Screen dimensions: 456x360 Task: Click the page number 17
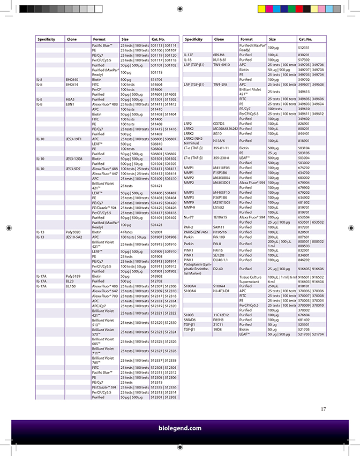(323, 409)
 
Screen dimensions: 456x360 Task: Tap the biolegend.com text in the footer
(180, 428)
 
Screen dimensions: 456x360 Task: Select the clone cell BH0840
(72, 79)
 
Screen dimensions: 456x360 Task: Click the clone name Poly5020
(73, 231)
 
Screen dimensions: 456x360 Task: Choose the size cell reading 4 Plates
(127, 231)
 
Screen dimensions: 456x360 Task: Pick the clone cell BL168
(71, 286)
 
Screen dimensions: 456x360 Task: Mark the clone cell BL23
(70, 281)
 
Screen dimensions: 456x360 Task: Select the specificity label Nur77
(189, 217)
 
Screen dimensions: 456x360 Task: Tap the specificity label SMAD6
(190, 320)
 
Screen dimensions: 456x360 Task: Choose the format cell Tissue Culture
(251, 277)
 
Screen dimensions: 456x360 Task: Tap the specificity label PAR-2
(189, 227)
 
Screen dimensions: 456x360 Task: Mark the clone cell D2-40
(218, 269)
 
